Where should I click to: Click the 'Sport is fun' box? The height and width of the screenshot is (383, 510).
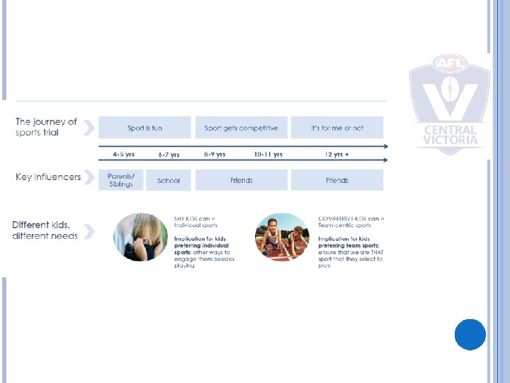tap(144, 128)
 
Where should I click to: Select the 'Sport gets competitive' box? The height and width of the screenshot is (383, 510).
tap(241, 128)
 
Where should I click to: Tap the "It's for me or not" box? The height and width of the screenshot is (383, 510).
tap(337, 128)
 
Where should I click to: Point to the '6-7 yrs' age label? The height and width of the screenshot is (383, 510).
tap(168, 154)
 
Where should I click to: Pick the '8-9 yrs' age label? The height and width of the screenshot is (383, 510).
tap(215, 154)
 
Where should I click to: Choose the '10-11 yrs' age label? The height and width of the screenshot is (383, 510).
tap(268, 154)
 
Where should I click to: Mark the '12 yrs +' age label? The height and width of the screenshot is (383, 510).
tap(337, 154)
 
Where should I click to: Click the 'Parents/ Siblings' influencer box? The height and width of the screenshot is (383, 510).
tap(120, 180)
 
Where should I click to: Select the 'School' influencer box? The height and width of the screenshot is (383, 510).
tap(168, 180)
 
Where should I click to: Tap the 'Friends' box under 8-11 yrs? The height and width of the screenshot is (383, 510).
tap(241, 180)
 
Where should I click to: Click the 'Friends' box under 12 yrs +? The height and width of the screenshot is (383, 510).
tap(337, 180)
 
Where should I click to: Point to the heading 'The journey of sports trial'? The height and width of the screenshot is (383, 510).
tap(46, 127)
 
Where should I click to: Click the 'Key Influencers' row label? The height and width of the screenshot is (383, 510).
tap(48, 177)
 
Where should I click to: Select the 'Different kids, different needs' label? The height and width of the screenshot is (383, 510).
tap(45, 231)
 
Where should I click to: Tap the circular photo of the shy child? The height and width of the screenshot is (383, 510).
tap(141, 237)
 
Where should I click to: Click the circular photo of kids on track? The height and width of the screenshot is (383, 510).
tap(282, 237)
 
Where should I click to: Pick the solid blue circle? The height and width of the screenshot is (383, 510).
tap(470, 334)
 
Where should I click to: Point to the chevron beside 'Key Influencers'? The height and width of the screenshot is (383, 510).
tap(89, 177)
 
